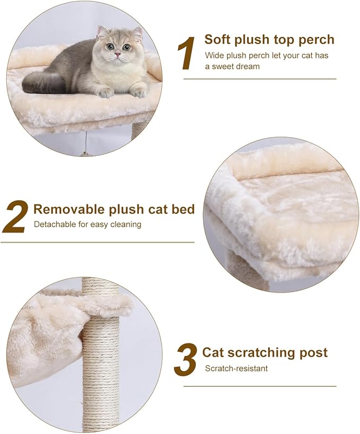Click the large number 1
tap(187, 53)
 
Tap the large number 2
tap(14, 217)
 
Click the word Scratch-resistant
tap(236, 368)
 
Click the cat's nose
tap(118, 54)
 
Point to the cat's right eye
tap(109, 47)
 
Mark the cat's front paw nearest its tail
tap(105, 92)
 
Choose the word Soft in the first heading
tap(217, 39)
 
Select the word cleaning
tap(125, 224)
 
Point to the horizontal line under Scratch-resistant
tap(260, 386)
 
